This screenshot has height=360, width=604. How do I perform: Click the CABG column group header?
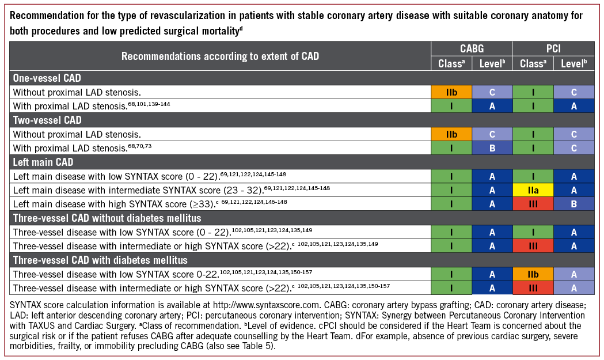pyautogui.click(x=472, y=49)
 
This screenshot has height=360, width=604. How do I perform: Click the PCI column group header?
pyautogui.click(x=554, y=49)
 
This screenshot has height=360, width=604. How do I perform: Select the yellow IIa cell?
pyautogui.click(x=533, y=189)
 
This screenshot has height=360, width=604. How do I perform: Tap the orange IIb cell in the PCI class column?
pyautogui.click(x=533, y=273)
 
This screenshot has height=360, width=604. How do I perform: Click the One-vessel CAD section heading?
pyautogui.click(x=47, y=78)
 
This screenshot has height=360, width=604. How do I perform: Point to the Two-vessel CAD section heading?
pyautogui.click(x=47, y=120)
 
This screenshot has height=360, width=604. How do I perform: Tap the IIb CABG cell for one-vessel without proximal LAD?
pyautogui.click(x=451, y=92)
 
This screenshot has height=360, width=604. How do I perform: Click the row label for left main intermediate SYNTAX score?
pyautogui.click(x=170, y=189)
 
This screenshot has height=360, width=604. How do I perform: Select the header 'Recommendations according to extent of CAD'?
pyautogui.click(x=220, y=56)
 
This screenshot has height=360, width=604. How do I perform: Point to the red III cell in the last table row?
pyautogui.click(x=533, y=287)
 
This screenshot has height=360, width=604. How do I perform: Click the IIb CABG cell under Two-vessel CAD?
pyautogui.click(x=451, y=134)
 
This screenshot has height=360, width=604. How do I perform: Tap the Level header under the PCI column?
pyautogui.click(x=574, y=63)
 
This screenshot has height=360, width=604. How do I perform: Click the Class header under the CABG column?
pyautogui.click(x=451, y=63)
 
